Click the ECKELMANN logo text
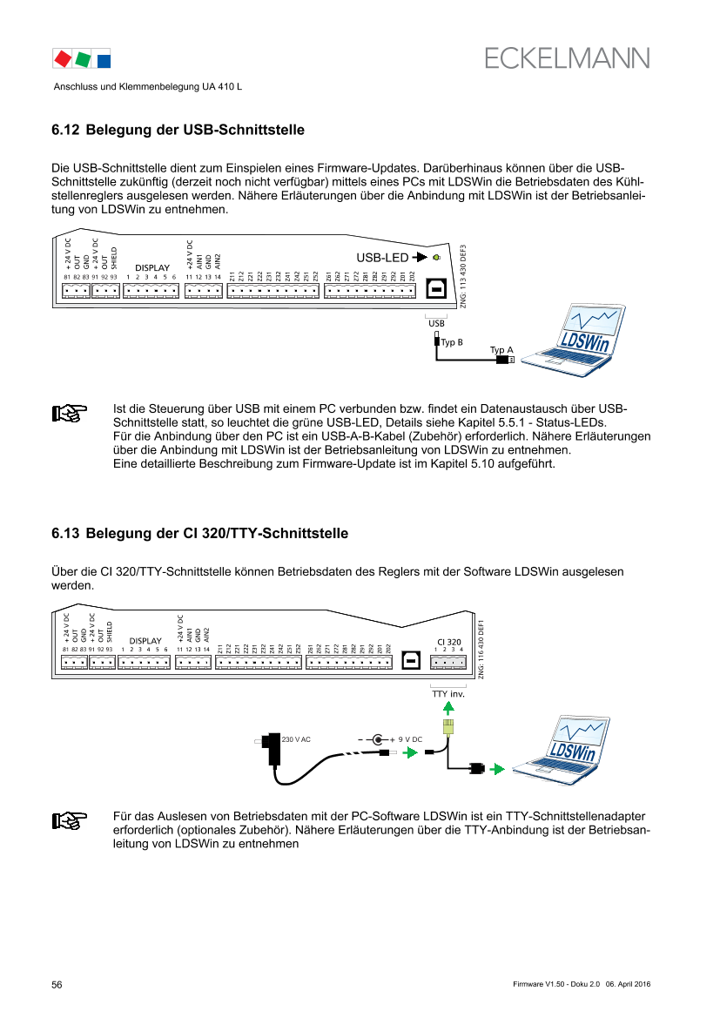pos(567,58)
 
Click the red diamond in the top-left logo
pos(63,59)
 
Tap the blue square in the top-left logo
pos(104,60)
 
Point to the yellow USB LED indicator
pos(436,258)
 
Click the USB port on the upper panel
pos(436,290)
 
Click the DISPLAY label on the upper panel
pos(151,267)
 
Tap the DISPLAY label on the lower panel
pos(145,640)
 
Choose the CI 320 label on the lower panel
pos(449,642)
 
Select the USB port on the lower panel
pos(410,661)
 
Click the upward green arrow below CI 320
pos(448,706)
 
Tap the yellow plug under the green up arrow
pos(448,728)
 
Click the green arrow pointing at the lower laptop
pos(497,769)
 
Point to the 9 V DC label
pos(410,739)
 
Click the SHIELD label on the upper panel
pos(114,259)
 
